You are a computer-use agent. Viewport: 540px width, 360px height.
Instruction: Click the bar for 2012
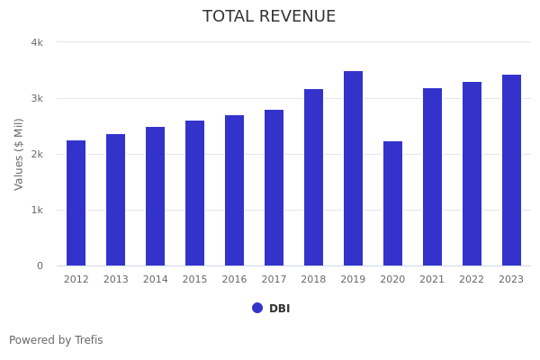[x=76, y=202]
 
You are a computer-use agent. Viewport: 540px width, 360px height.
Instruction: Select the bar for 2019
[x=353, y=168]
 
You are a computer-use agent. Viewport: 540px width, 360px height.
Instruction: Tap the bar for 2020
[x=392, y=203]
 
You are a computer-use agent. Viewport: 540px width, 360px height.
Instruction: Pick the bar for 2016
[x=234, y=190]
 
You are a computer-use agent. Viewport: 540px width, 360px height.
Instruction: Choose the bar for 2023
[x=511, y=170]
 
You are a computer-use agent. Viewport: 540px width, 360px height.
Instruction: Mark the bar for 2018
[x=313, y=177]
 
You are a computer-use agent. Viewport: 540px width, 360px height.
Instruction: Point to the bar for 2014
[x=155, y=196]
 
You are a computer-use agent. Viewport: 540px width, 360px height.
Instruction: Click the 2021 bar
[x=432, y=176]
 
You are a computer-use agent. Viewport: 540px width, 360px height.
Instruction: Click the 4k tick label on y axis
[x=37, y=42]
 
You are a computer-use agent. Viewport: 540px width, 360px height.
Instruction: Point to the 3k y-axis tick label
[x=37, y=98]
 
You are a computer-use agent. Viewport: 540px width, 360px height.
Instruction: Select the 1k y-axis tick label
[x=37, y=210]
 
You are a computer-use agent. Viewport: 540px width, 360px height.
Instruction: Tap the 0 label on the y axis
[x=40, y=265]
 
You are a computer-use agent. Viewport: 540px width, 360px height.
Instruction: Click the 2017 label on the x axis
[x=274, y=280]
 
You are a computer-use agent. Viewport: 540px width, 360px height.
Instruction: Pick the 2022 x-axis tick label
[x=472, y=280]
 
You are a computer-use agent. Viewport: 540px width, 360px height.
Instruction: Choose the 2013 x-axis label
[x=115, y=280]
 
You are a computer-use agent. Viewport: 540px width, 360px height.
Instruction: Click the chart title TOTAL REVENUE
[x=269, y=17]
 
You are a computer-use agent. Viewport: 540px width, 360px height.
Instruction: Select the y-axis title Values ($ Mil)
[x=19, y=154]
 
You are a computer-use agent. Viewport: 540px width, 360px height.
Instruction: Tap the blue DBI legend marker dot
[x=257, y=308]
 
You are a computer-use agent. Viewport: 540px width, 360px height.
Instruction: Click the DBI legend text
[x=279, y=309]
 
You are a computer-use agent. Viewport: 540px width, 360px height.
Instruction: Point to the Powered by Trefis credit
[x=56, y=340]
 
